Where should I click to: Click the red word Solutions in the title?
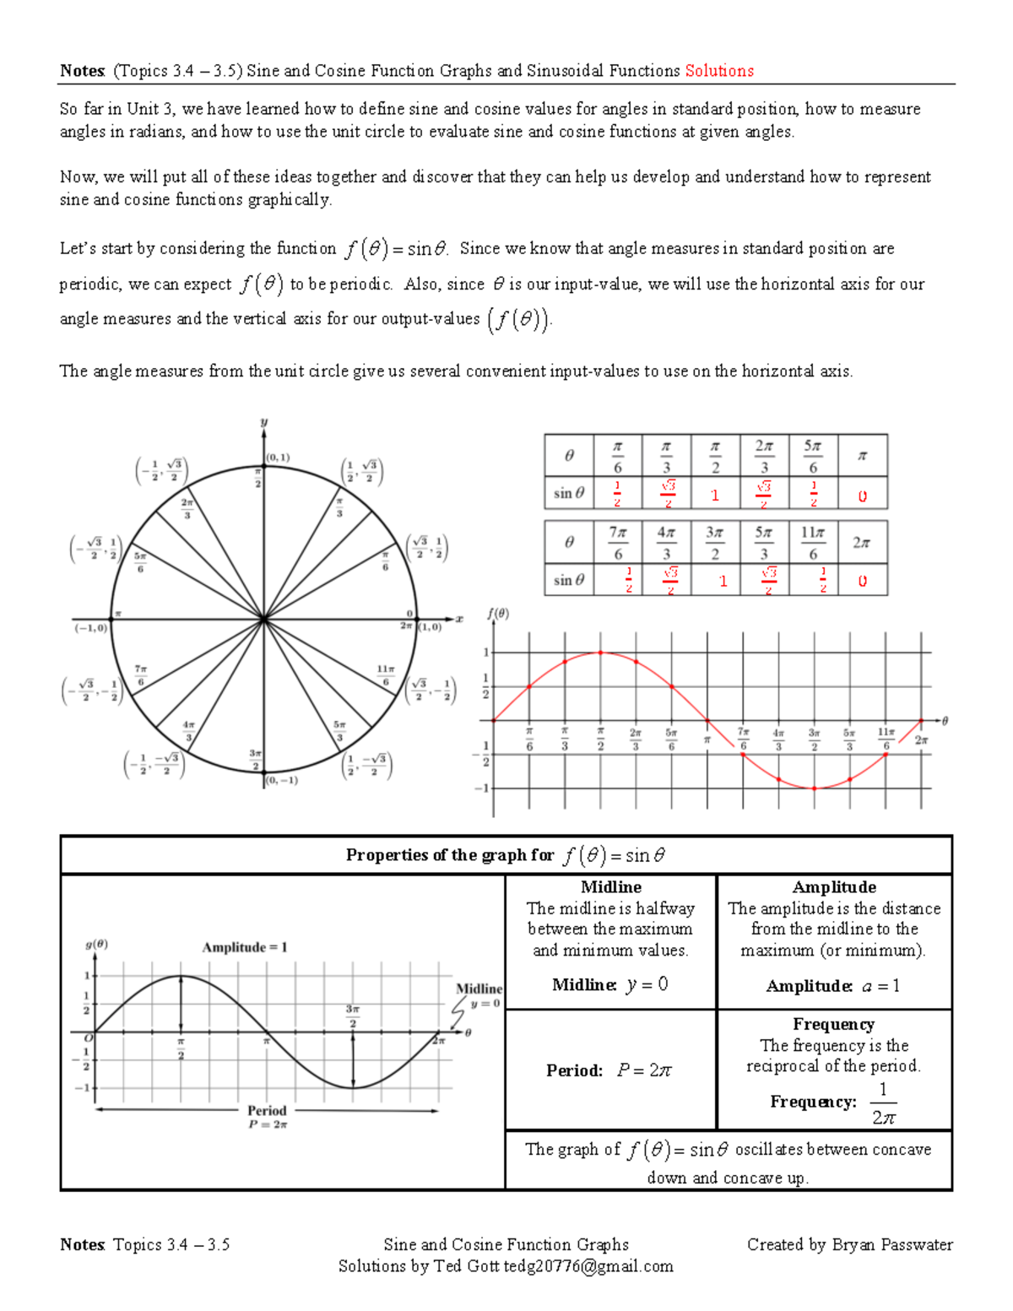[718, 71]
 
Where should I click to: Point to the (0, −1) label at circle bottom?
[282, 781]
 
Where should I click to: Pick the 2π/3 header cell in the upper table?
[763, 456]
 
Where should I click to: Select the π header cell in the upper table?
[862, 456]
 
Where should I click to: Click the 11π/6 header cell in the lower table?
[812, 542]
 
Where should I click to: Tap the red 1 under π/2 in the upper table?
[715, 496]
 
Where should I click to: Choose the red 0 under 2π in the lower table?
[862, 582]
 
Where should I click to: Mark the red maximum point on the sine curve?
[600, 653]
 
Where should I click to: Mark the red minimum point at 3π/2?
[814, 788]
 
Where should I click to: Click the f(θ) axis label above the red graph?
[498, 614]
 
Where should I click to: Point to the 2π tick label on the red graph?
[919, 740]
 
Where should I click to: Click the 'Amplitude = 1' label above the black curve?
[245, 947]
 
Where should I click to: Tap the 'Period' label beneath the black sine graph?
[267, 1110]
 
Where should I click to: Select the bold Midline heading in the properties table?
[610, 887]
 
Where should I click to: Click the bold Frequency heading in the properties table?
[833, 1024]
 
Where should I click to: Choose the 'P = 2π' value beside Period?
[643, 1070]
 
